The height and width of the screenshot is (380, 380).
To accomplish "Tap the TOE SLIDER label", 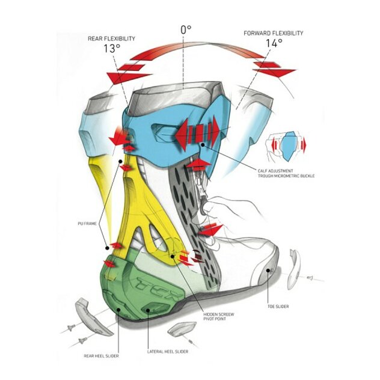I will tap(278, 306).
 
